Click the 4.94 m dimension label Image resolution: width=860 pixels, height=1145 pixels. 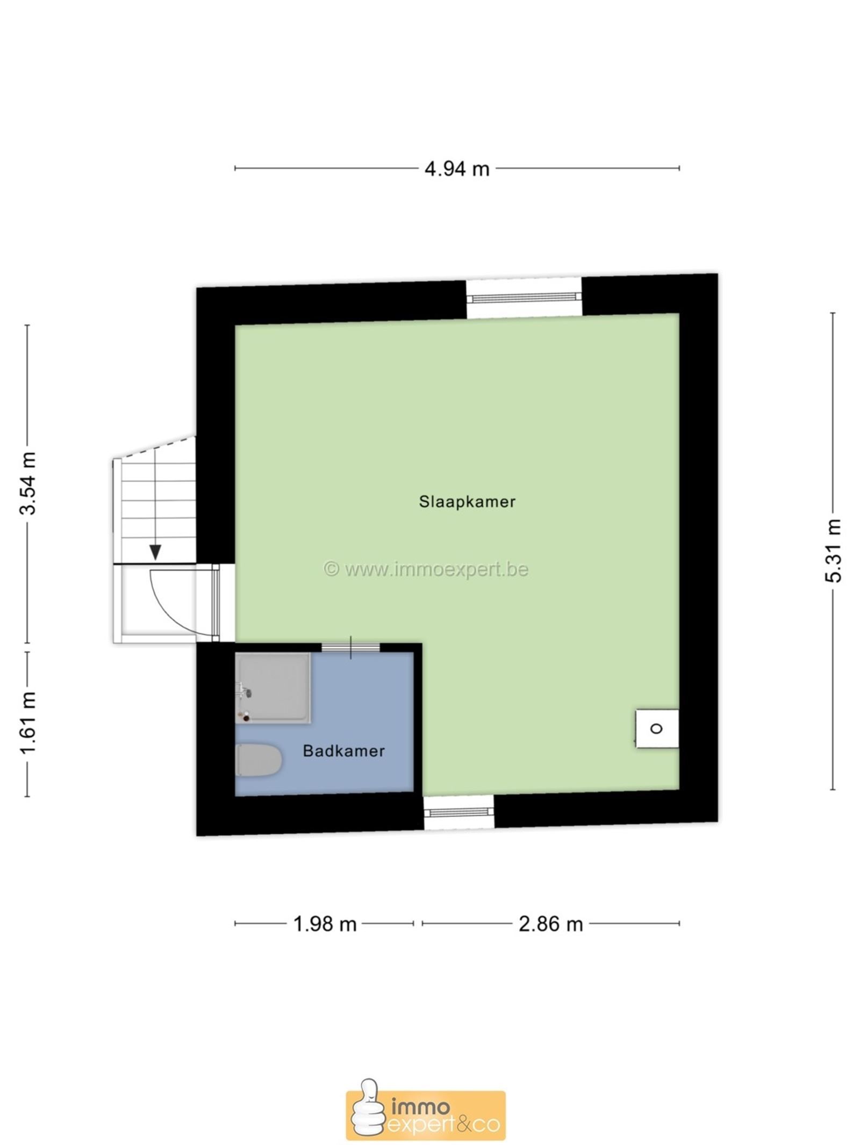point(457,169)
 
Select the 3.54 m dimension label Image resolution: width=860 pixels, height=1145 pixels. point(27,483)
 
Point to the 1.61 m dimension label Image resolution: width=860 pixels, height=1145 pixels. point(27,722)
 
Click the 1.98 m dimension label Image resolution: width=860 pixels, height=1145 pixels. point(325,924)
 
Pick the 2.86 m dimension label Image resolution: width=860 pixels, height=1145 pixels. point(550,924)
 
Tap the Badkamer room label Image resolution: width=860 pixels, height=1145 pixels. point(344,750)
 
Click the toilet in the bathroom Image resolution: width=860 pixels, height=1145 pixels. point(259,760)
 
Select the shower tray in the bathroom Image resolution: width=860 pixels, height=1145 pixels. point(273,688)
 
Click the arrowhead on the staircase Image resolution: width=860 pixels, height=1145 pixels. point(155,552)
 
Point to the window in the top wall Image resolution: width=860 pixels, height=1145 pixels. point(524,297)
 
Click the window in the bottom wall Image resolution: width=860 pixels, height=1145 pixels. point(458,812)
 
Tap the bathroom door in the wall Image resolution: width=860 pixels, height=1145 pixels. point(350,647)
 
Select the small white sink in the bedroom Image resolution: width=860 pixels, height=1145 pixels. point(657,728)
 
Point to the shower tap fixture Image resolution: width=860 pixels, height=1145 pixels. point(245,691)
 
